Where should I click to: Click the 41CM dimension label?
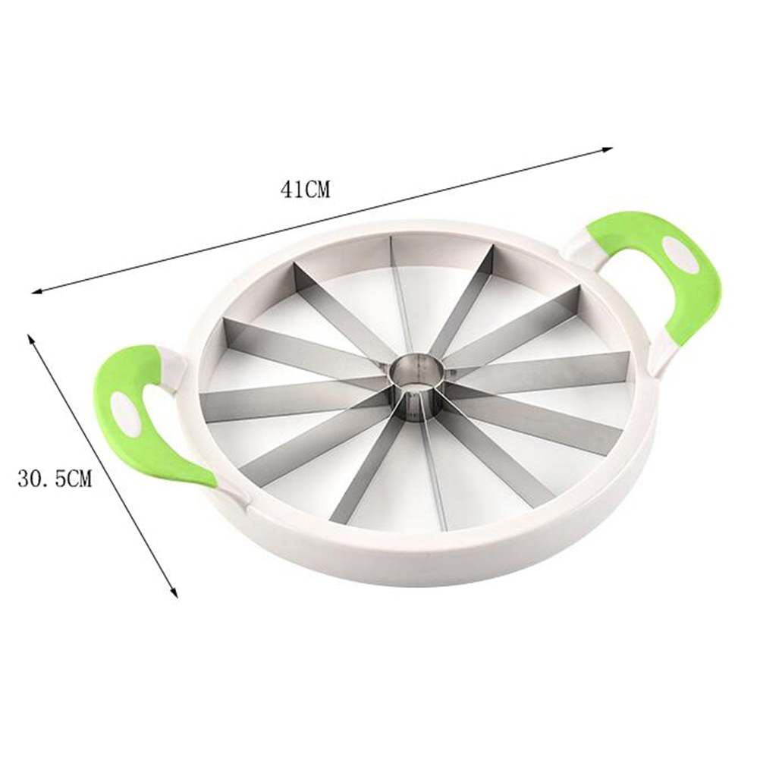(305, 189)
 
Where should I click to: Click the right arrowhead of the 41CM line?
(608, 150)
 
